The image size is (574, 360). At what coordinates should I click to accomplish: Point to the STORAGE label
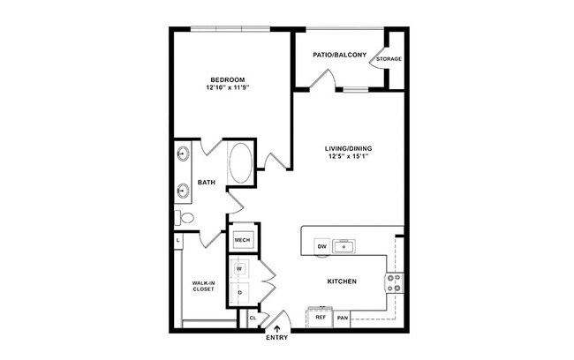[x=389, y=59]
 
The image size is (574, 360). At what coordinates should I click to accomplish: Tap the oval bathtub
[x=240, y=164]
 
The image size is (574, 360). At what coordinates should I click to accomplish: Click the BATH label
[x=206, y=183]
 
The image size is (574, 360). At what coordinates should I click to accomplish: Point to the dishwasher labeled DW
[x=321, y=247]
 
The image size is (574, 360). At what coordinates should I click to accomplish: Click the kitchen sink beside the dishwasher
[x=345, y=247]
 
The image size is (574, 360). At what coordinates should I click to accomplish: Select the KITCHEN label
[x=341, y=281]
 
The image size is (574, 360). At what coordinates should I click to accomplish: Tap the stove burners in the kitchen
[x=394, y=282]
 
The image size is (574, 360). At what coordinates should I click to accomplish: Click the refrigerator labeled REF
[x=320, y=317]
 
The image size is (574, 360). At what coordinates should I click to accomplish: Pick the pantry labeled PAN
[x=343, y=317]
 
